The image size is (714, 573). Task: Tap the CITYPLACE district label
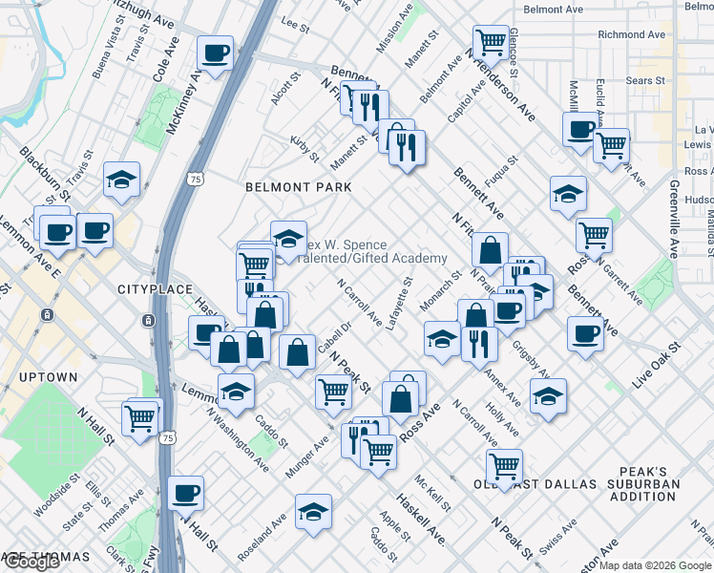pos(155,288)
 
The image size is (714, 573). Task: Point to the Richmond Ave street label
pos(631,34)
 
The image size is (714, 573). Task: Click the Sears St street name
pos(646,81)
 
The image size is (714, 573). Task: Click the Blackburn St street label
pos(45,172)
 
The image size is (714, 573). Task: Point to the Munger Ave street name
pos(305,457)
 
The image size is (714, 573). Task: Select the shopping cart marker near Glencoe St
pos(490,41)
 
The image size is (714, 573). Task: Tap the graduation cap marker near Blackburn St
pos(122,181)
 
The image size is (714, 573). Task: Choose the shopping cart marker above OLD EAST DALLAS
pos(503,466)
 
